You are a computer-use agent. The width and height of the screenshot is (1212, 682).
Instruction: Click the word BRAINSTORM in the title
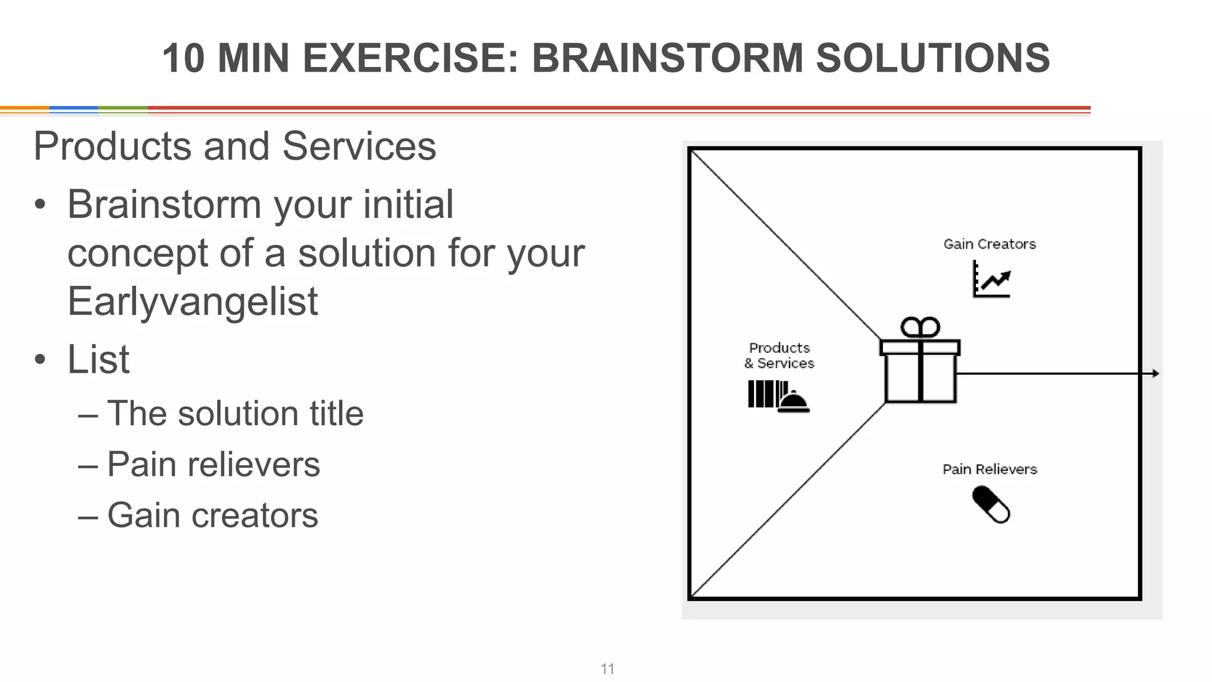pos(667,58)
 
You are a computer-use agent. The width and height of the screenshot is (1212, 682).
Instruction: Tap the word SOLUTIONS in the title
pos(933,58)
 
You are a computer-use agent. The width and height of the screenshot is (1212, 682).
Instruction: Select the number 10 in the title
pos(183,58)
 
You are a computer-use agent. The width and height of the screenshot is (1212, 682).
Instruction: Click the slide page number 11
pos(607,669)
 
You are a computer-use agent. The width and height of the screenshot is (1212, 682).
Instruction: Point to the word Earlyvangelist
pos(192,301)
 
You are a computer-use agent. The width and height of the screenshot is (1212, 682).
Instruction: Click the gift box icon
pos(920,370)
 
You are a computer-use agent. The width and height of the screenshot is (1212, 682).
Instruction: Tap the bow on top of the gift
pos(920,327)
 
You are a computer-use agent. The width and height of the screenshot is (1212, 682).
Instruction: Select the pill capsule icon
pos(991,504)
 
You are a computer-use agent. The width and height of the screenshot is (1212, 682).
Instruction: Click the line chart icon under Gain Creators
pos(992,279)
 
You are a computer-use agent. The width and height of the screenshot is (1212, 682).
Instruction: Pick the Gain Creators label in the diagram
pos(989,244)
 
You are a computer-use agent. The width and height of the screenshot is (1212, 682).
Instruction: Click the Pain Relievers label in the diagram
pos(989,469)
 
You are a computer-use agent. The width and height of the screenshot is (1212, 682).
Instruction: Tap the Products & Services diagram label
pos(779,355)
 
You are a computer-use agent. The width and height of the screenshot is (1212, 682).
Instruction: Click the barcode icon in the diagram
pos(762,394)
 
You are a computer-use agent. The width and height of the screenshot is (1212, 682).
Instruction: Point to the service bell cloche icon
pos(793,401)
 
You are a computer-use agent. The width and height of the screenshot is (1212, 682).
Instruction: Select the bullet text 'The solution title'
pos(235,413)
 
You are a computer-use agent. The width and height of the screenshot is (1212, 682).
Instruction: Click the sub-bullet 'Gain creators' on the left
pos(212,515)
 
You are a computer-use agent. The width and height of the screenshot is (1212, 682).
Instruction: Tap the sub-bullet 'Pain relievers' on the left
pos(213,464)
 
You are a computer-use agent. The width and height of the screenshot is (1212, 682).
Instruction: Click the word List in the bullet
pos(98,359)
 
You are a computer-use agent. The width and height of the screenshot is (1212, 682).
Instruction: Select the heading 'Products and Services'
pos(235,146)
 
